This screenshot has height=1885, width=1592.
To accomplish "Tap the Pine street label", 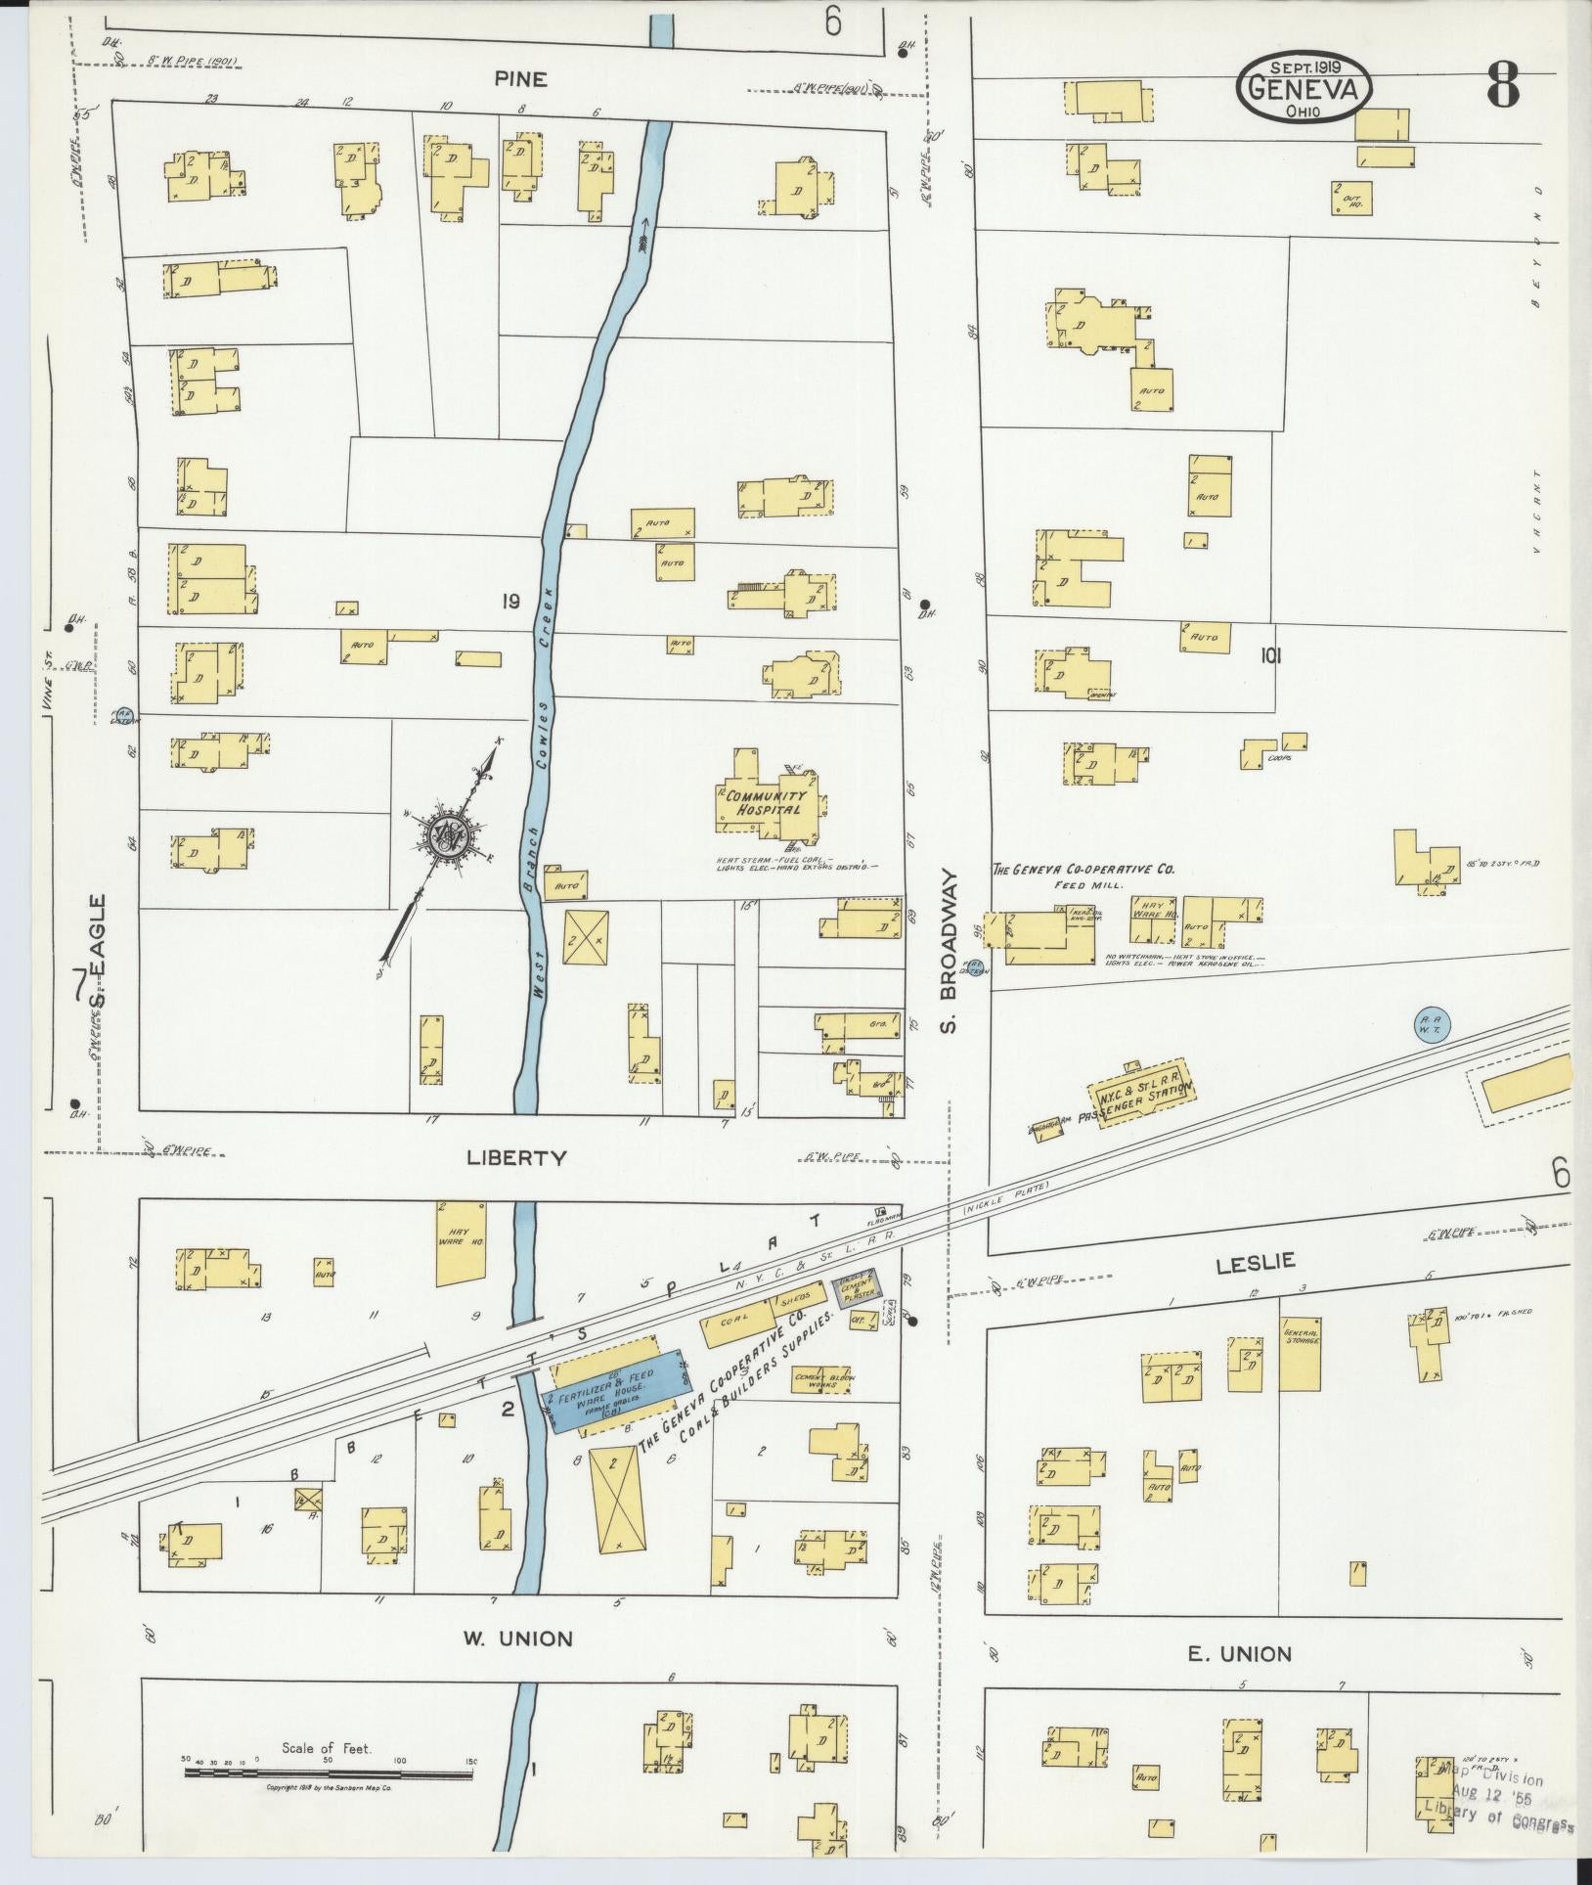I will pos(520,80).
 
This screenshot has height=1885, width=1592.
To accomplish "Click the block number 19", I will pos(509,602).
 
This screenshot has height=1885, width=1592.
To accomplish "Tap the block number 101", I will pos(1270,656).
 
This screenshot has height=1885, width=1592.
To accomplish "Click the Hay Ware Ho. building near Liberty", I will pos(460,1242).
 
